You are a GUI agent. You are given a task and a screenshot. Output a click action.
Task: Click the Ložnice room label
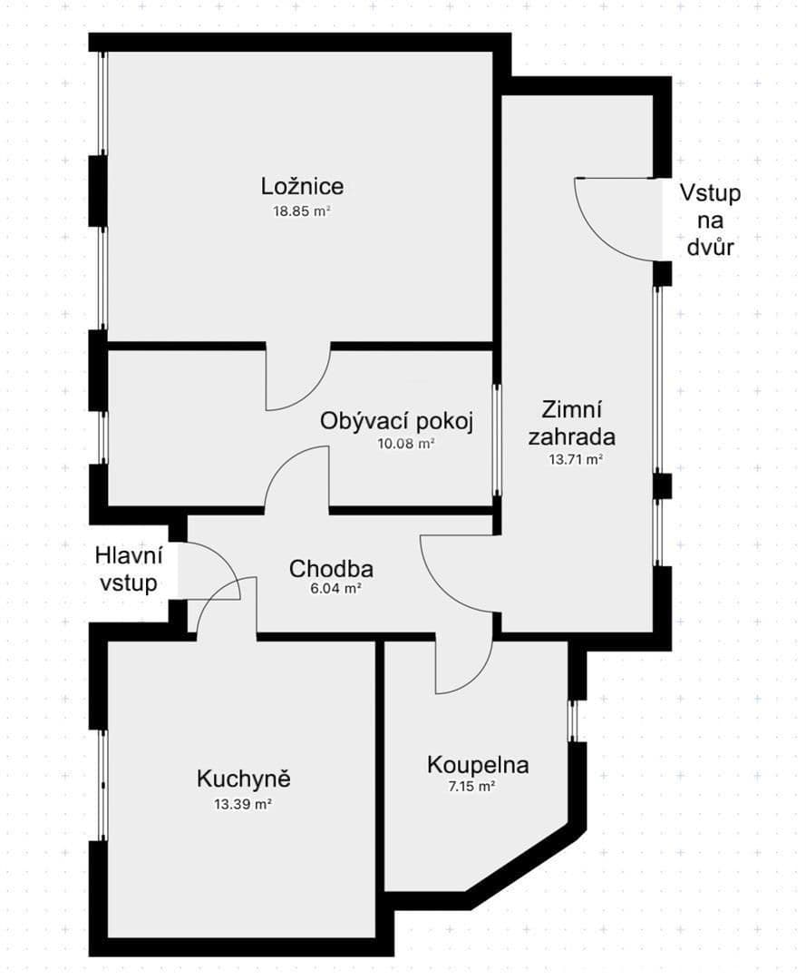302,187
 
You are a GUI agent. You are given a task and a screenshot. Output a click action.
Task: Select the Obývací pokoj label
397,422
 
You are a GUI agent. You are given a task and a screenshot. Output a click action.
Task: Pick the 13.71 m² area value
576,460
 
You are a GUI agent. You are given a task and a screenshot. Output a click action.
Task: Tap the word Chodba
331,569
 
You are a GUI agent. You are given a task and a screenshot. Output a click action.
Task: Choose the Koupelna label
478,765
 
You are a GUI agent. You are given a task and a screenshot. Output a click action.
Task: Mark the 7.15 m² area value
473,788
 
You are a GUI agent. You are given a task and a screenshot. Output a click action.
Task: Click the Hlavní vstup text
129,569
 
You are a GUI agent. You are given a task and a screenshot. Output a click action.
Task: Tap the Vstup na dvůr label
711,220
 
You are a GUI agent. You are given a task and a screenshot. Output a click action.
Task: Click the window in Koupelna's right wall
573,720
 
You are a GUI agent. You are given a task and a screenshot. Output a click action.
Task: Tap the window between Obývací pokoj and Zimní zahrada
497,439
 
